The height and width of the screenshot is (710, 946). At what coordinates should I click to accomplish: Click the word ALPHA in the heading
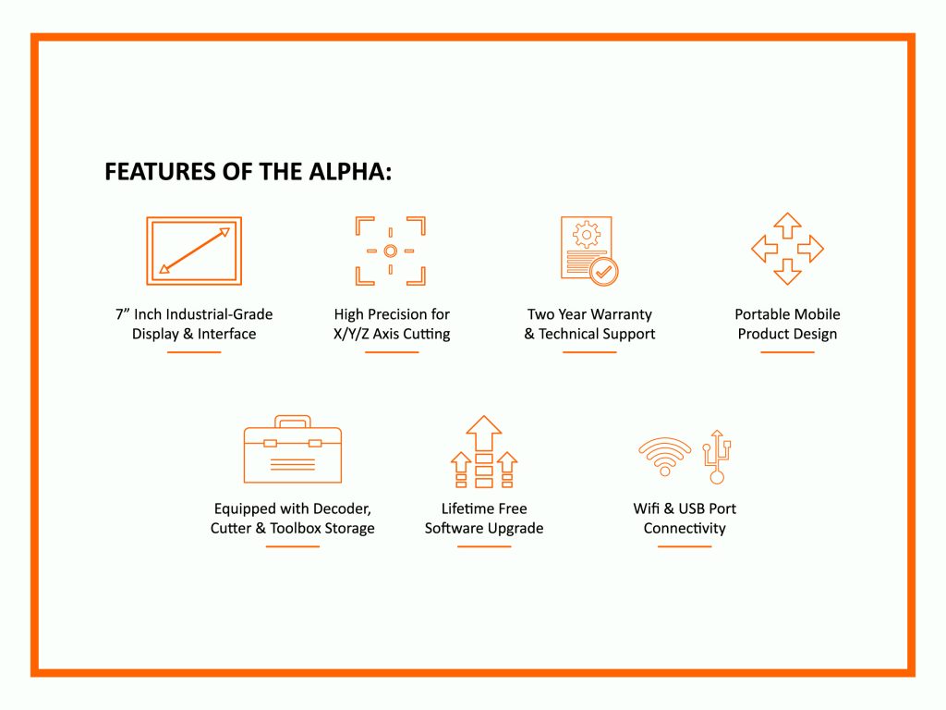(350, 171)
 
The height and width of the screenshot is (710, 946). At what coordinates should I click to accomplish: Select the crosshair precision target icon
(391, 251)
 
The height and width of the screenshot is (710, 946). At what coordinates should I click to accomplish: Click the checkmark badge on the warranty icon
(603, 271)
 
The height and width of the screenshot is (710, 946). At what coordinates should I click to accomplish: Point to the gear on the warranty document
(587, 234)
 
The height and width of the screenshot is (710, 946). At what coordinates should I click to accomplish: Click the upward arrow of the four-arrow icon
(787, 226)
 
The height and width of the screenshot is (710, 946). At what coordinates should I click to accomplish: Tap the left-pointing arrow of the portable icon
(764, 248)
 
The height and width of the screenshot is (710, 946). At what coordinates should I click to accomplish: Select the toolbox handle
(293, 421)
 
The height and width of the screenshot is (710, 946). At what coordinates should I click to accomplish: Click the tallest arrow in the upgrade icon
(484, 433)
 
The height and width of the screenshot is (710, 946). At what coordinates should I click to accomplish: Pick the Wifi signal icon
(665, 457)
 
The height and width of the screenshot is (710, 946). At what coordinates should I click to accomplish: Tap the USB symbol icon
(717, 457)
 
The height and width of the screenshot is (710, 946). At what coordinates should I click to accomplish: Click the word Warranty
(622, 314)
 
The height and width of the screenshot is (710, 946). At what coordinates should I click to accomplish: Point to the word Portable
(760, 314)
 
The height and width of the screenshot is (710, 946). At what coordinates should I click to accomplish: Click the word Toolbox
(296, 528)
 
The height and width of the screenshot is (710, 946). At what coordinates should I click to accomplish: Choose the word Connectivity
(685, 528)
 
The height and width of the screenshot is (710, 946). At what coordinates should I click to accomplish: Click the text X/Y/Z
(351, 334)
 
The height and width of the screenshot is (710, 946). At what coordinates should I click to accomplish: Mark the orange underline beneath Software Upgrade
(484, 546)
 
